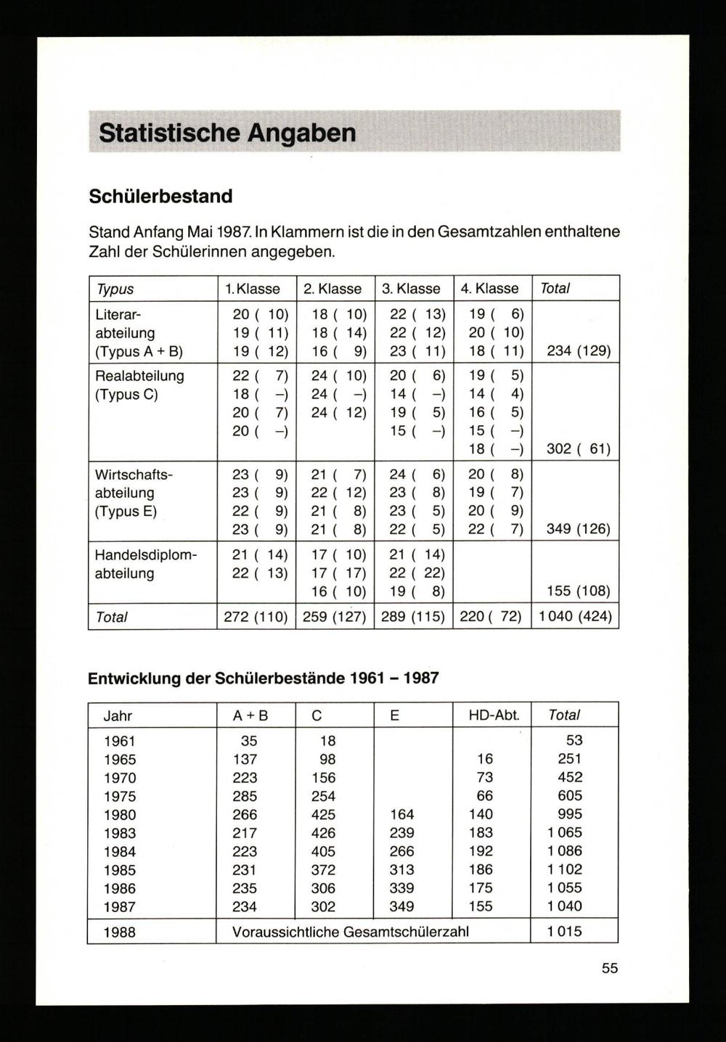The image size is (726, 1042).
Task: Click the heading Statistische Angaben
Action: (x=227, y=133)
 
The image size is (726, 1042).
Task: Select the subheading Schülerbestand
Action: (x=160, y=196)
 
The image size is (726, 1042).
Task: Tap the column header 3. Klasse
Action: (x=412, y=289)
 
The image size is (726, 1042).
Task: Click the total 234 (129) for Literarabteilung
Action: (x=578, y=352)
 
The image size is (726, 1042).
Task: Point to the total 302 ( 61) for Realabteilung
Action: (x=578, y=449)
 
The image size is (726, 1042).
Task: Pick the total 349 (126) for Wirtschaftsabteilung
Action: (x=578, y=529)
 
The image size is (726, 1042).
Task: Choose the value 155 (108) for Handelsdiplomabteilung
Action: (x=578, y=591)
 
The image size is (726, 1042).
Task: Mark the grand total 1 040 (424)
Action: (x=575, y=618)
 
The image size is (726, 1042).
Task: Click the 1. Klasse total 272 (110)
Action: (x=256, y=618)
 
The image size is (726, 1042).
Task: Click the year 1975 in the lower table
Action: (x=120, y=797)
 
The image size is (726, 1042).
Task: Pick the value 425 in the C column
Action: (x=323, y=815)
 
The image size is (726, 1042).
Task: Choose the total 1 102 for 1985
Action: (x=565, y=869)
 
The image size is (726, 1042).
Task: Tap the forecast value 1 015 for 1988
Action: (x=565, y=932)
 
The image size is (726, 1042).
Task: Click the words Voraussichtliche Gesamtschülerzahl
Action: (x=351, y=932)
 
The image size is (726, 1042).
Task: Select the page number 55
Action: (x=610, y=968)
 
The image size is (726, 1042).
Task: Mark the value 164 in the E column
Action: (x=401, y=815)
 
